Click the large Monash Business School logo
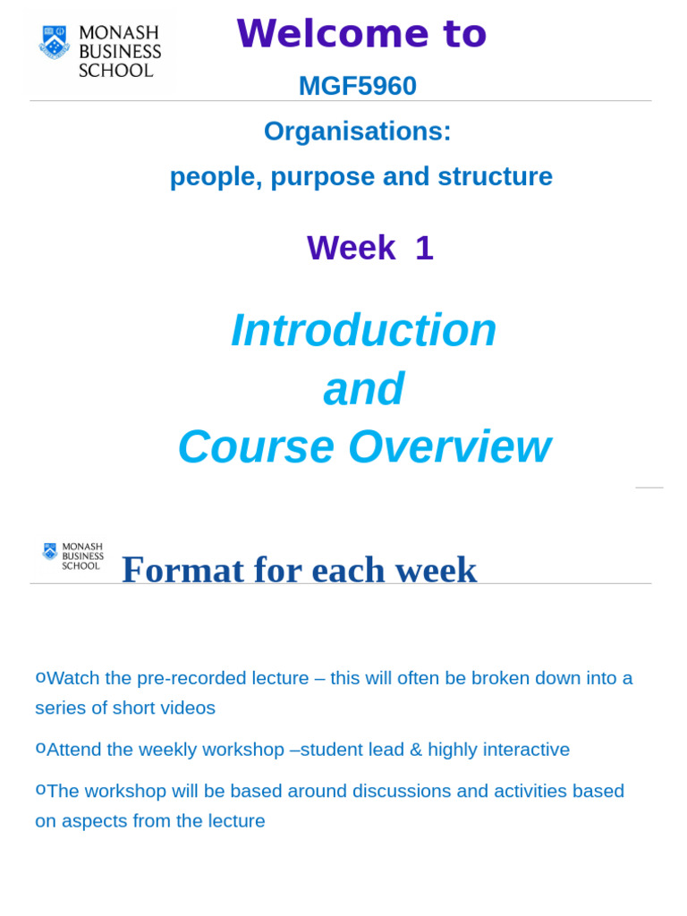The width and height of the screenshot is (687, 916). coord(99,50)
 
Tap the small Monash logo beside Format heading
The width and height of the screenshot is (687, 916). coord(73,556)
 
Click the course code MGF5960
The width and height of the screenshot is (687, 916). coord(357,86)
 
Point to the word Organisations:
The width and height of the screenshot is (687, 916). coord(357,131)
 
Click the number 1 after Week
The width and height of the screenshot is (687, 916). coord(424,248)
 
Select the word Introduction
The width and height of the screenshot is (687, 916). coord(363,330)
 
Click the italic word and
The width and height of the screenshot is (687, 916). coord(363,389)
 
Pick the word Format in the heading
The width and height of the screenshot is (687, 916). coord(182,570)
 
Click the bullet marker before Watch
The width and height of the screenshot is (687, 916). coord(40,677)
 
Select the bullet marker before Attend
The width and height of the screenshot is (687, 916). coord(40,749)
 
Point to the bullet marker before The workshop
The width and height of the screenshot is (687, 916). coord(40,790)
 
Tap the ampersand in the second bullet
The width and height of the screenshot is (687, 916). coord(416,750)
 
